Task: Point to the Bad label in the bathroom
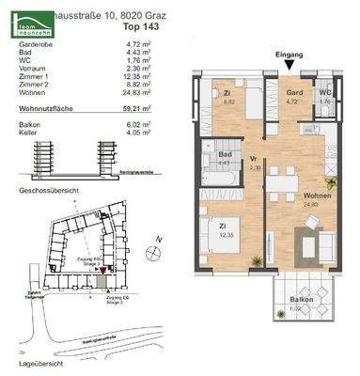click(x=226, y=157)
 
